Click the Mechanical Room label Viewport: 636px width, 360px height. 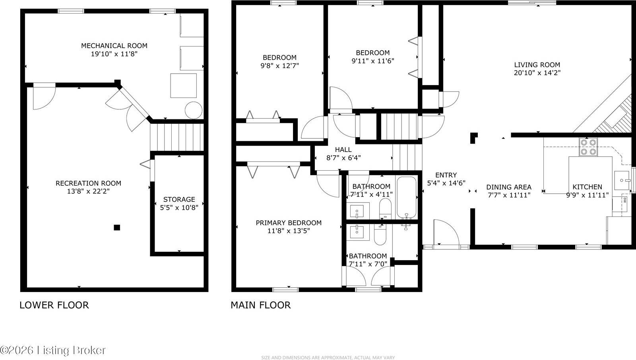tap(114, 46)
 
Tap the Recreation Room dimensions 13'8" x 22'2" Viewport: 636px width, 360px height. tap(88, 191)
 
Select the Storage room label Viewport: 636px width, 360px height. tap(179, 199)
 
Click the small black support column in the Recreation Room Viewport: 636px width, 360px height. tap(117, 228)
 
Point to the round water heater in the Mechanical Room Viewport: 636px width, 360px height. tap(194, 110)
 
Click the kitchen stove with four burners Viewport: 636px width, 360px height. tap(588, 146)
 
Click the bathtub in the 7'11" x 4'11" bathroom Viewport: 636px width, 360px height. tap(406, 197)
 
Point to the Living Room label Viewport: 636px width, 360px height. tap(537, 65)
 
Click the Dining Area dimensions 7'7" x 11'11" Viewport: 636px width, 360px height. tap(509, 195)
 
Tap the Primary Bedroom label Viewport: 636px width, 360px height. tap(289, 223)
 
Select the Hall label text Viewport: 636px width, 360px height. tap(343, 150)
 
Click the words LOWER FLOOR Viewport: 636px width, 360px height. tap(54, 305)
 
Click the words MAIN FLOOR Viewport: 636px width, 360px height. tap(261, 305)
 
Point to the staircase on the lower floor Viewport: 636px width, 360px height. tap(176, 137)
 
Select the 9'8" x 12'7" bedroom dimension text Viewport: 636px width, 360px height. tap(279, 66)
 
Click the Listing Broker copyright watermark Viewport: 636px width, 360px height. tap(53, 350)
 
